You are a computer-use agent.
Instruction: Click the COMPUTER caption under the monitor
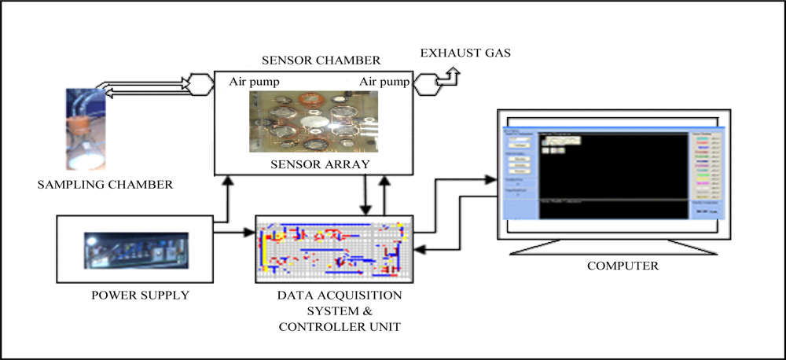click(x=623, y=266)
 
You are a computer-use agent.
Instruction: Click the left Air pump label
click(x=255, y=82)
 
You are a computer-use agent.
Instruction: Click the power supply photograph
click(x=134, y=251)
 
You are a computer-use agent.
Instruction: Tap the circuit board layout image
click(x=334, y=248)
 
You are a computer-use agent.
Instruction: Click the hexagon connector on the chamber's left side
click(x=198, y=82)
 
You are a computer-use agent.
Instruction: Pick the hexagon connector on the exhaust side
click(x=428, y=81)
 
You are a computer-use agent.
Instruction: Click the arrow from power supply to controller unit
click(x=234, y=232)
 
